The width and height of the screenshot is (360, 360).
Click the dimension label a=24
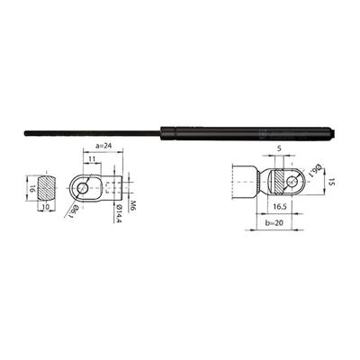[x=103, y=146]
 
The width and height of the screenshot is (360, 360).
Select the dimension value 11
[x=92, y=158]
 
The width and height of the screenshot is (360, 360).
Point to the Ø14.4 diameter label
[x=118, y=214]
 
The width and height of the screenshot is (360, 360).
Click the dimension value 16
[x=32, y=189]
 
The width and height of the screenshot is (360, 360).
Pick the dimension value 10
[x=46, y=207]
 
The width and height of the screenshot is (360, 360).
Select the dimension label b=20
[x=274, y=222]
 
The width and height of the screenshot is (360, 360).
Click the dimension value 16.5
[x=279, y=207]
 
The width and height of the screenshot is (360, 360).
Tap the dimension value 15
[x=331, y=182]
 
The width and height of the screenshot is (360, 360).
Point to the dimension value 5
[x=279, y=148]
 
